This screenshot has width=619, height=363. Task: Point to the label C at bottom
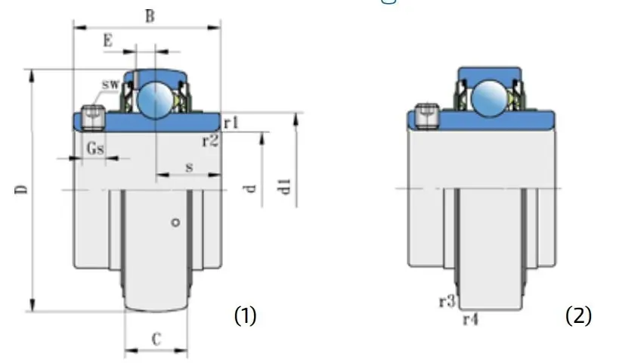(x=156, y=340)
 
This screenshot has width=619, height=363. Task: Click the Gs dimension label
(x=94, y=148)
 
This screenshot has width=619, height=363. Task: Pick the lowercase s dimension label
(x=188, y=166)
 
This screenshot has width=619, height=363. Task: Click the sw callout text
(x=110, y=83)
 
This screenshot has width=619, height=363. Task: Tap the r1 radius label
(x=231, y=121)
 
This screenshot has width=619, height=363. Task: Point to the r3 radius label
(x=446, y=302)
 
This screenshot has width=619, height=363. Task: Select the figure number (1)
(x=245, y=315)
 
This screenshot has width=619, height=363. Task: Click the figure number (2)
(x=579, y=315)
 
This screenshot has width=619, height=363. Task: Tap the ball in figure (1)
(x=156, y=98)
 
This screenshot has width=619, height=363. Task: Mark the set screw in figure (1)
(x=92, y=117)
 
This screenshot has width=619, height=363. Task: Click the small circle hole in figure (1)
(x=175, y=222)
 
